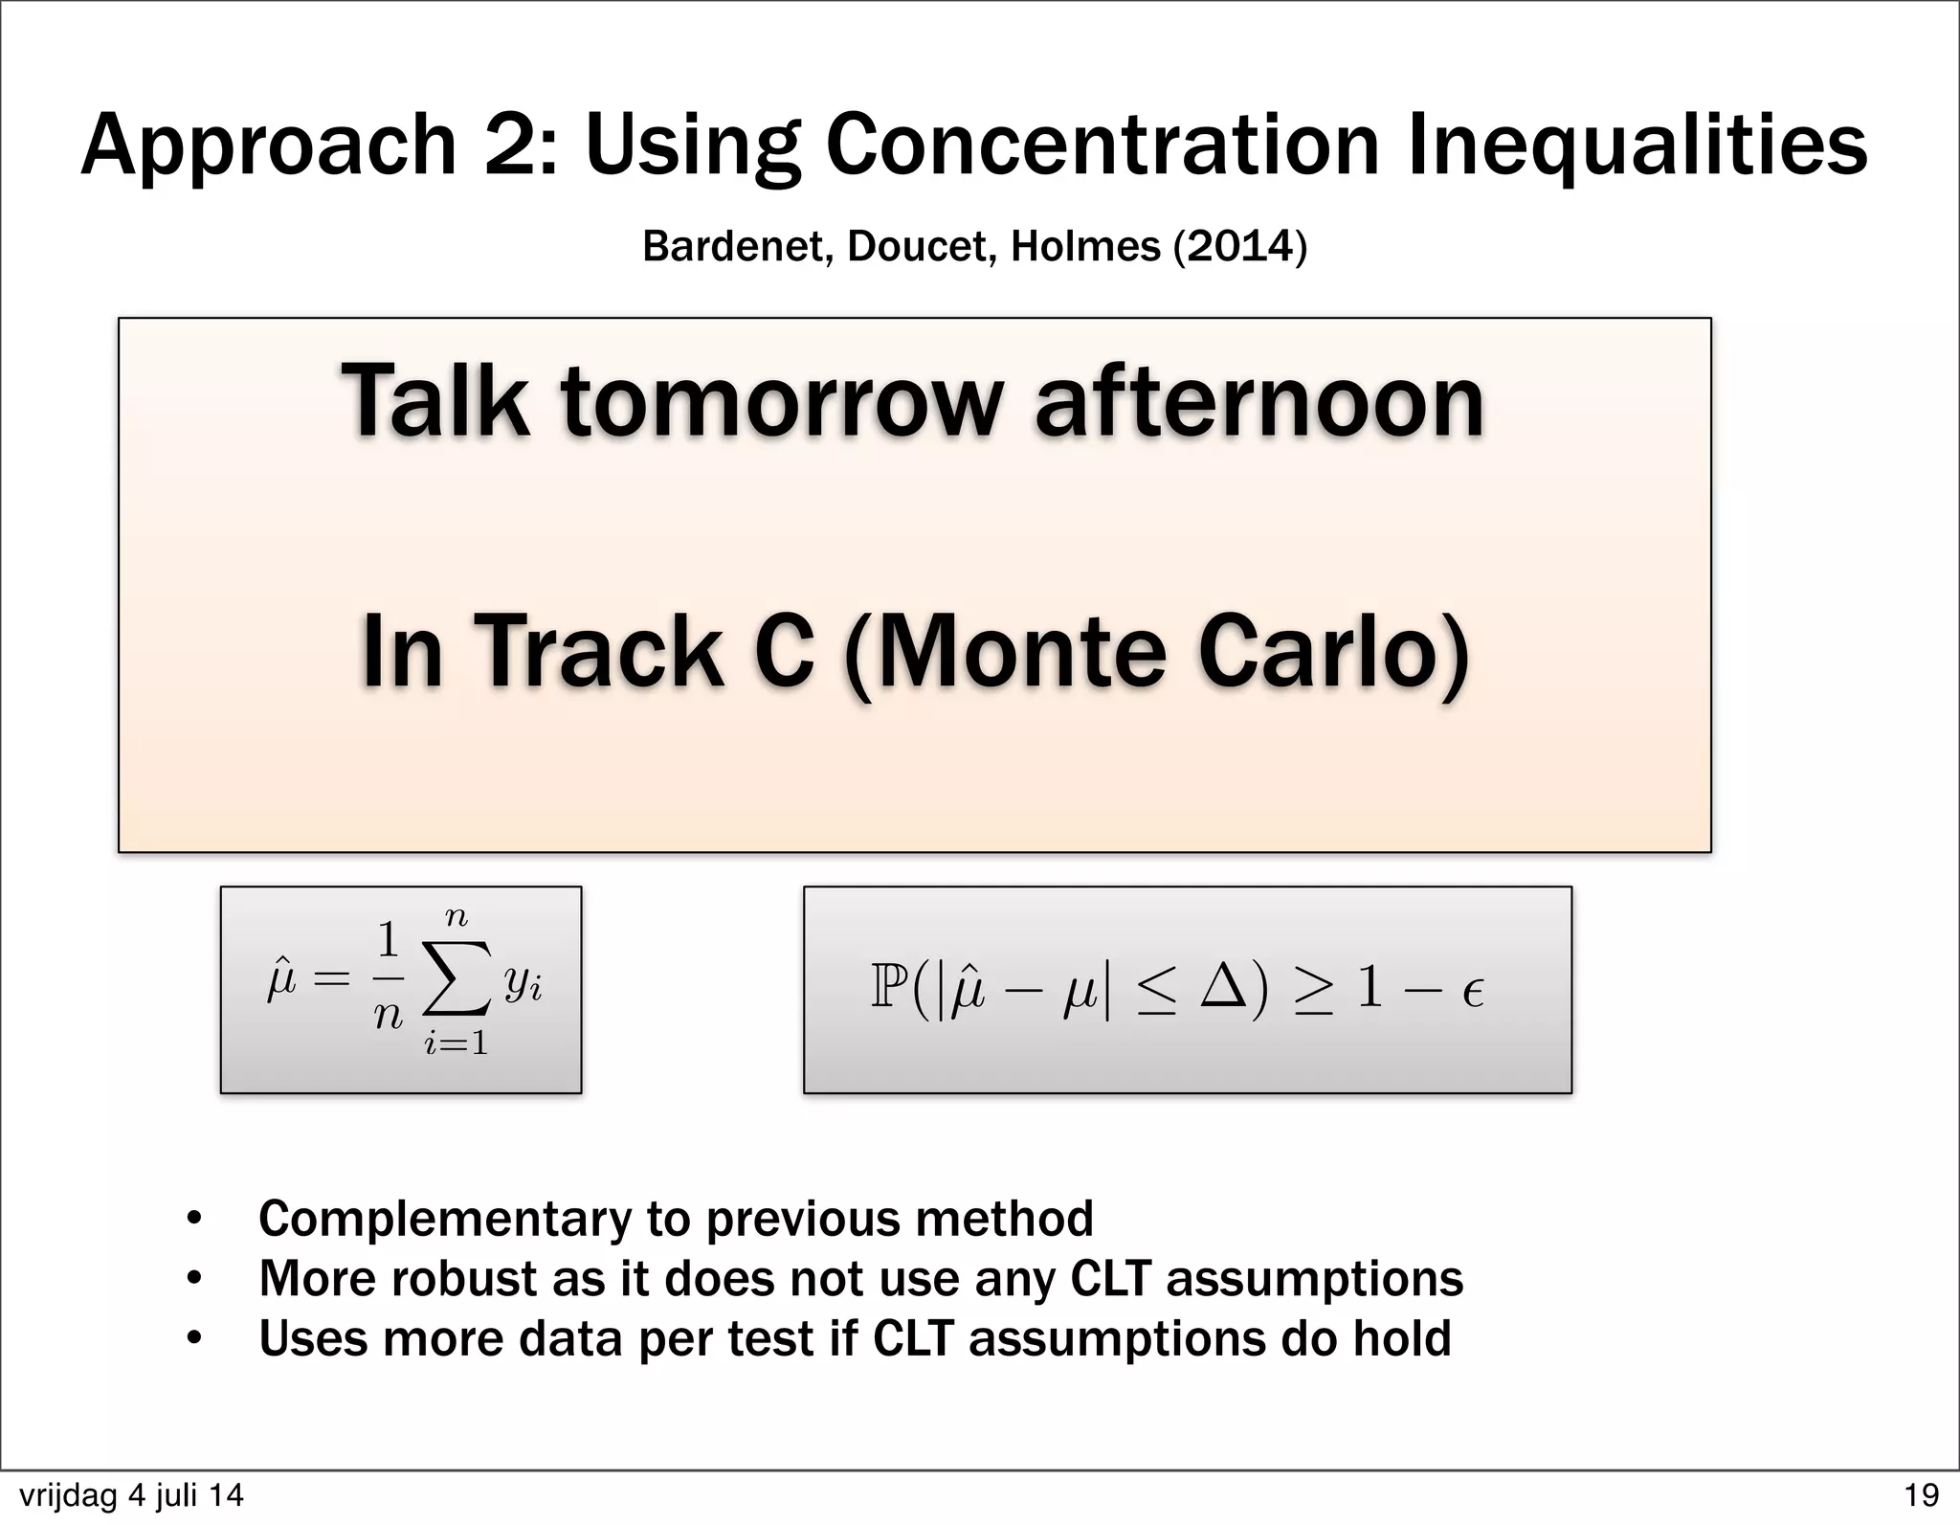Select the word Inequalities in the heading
1637,146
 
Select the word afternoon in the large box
1259,402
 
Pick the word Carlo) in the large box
1332,651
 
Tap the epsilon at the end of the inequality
1473,993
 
